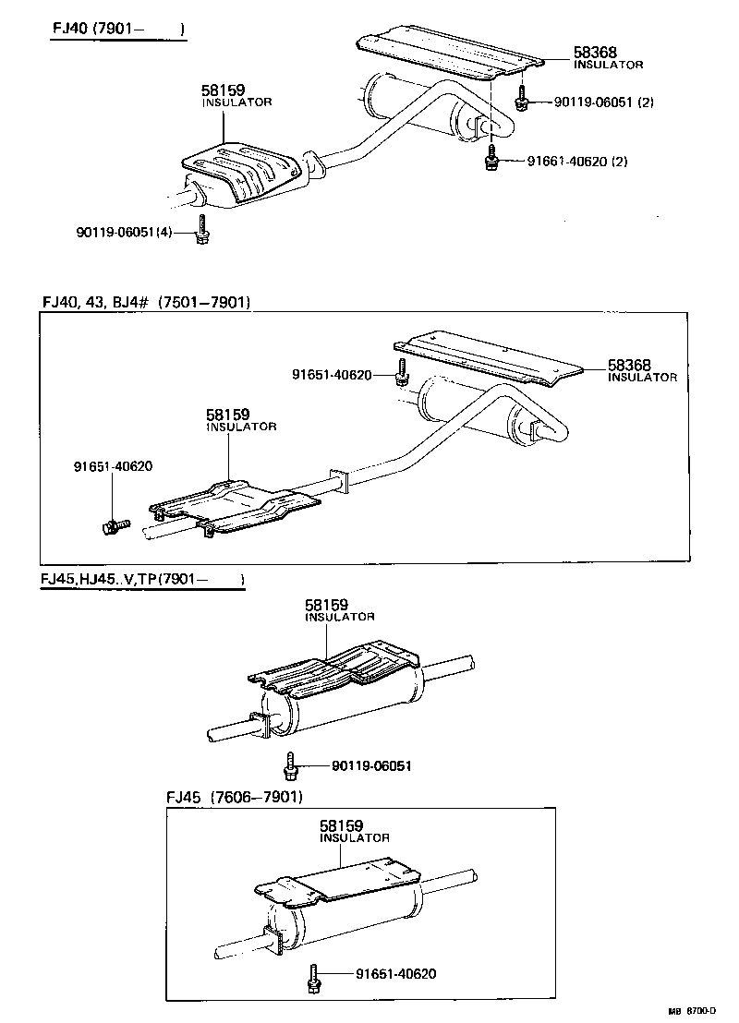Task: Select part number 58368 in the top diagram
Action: tap(595, 53)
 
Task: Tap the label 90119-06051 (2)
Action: tap(603, 102)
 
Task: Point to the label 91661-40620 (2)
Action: tap(577, 161)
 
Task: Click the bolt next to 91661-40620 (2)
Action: tap(492, 158)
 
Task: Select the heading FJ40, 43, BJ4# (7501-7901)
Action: tap(146, 302)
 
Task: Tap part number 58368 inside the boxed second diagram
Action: tap(629, 365)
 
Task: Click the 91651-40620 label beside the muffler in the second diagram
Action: tap(332, 375)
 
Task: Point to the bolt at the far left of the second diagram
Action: tap(110, 526)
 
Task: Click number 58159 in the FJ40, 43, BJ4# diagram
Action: tap(228, 415)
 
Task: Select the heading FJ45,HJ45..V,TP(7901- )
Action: tap(141, 579)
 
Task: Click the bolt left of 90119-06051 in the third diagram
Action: tap(291, 764)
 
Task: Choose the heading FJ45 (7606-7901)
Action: tap(234, 797)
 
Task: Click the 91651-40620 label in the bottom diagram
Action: tap(395, 974)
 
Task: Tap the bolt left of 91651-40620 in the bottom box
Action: tap(314, 977)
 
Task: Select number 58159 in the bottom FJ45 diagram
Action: tap(342, 825)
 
